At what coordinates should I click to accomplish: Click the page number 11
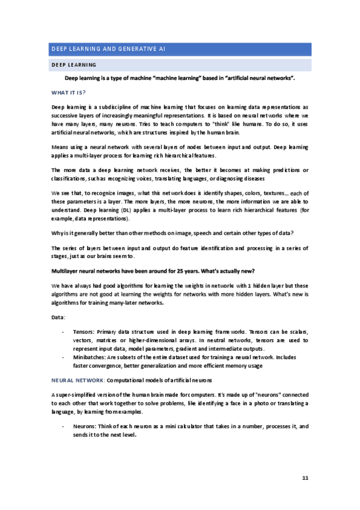coord(305,478)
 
